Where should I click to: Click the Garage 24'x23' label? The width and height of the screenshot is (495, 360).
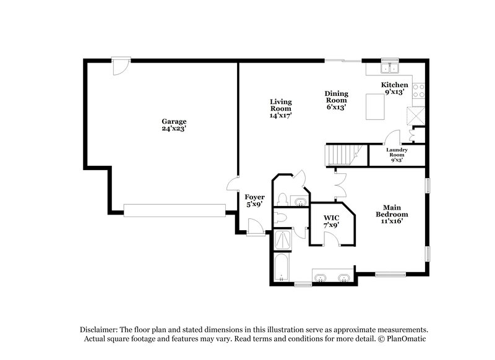174,125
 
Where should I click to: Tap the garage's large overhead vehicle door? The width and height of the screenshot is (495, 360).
174,210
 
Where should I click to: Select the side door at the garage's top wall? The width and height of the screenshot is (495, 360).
119,64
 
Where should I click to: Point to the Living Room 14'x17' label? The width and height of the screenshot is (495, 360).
280,108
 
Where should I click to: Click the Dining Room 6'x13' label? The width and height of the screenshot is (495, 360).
337,100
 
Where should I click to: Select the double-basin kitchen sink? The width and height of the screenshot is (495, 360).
390,69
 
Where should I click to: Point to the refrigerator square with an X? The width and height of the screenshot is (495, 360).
413,116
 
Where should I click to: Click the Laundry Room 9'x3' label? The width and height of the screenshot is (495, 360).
397,155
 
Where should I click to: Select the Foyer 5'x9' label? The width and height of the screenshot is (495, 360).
255,200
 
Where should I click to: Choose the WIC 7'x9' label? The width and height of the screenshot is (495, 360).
330,221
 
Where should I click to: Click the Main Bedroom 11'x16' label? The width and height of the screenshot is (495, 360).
391,214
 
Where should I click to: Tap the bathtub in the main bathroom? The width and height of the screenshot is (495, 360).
282,268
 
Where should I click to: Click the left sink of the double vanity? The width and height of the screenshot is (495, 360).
321,278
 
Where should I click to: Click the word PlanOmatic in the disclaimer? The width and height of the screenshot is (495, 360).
407,339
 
